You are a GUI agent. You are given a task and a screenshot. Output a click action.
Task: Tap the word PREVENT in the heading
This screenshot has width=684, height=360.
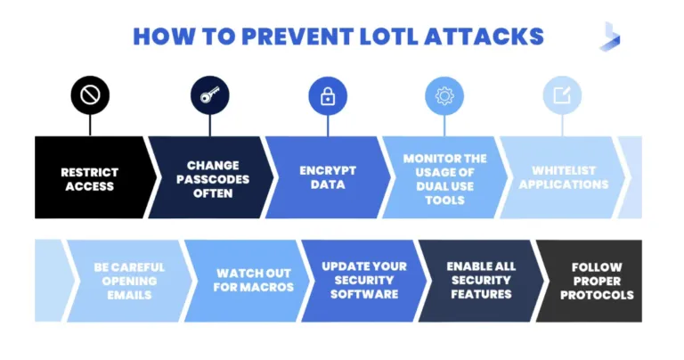[x=297, y=37]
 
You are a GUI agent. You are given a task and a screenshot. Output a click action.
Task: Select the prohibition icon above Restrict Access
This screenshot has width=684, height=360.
[x=90, y=95]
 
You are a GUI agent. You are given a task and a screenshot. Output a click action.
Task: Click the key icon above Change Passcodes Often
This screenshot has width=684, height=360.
[x=210, y=95]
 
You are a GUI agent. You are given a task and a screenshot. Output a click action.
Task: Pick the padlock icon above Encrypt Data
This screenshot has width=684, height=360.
[x=328, y=96]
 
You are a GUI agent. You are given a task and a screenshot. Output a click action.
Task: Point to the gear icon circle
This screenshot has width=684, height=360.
[x=444, y=96]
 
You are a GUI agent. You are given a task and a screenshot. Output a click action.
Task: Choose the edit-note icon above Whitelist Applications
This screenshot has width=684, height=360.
[x=562, y=95]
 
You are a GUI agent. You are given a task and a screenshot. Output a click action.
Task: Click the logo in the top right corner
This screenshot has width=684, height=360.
[x=610, y=37]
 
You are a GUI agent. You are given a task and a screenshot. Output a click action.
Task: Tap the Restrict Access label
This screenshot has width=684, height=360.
[x=89, y=179]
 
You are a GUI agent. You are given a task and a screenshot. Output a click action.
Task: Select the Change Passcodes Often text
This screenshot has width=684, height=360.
[x=213, y=179]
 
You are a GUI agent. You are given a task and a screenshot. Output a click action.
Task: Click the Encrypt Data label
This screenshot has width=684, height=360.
[x=328, y=177]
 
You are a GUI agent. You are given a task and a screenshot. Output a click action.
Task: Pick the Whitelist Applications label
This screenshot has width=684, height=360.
[x=564, y=177]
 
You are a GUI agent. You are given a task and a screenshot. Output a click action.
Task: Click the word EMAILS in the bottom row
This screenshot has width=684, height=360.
[x=129, y=295]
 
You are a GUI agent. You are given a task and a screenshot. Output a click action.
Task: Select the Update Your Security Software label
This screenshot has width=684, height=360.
[x=364, y=280]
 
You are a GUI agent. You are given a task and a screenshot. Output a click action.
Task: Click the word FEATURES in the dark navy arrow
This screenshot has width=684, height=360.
[x=481, y=294]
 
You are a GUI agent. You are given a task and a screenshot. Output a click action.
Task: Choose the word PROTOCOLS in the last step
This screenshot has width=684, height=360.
[x=597, y=295]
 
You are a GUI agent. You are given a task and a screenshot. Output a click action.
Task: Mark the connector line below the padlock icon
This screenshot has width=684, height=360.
[x=328, y=127]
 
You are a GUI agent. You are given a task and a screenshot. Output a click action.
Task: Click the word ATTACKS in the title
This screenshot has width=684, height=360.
[x=484, y=37]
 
